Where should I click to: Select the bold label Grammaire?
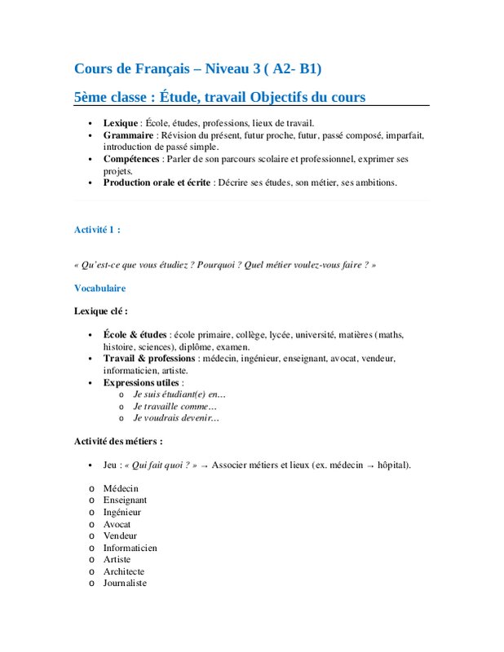(x=128, y=134)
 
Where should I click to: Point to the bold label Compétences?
(x=131, y=158)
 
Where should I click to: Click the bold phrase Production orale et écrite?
(x=157, y=183)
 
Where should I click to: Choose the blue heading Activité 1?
(x=97, y=230)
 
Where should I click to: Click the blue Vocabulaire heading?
(x=99, y=288)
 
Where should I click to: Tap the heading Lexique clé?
(x=100, y=311)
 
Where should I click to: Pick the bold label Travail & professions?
(x=149, y=358)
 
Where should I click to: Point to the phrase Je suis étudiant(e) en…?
(x=179, y=394)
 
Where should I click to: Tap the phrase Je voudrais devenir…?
(x=176, y=417)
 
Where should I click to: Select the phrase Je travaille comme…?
(x=175, y=406)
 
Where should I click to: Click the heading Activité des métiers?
(x=118, y=441)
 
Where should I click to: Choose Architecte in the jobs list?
(x=125, y=571)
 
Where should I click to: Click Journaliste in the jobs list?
(x=125, y=584)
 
